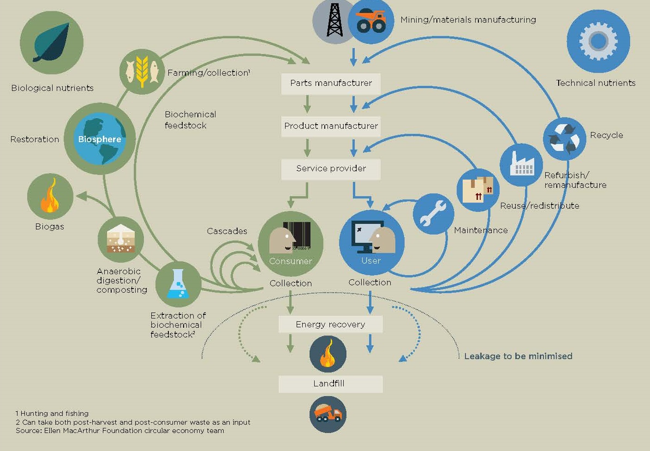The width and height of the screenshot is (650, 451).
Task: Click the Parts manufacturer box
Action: pyautogui.click(x=331, y=84)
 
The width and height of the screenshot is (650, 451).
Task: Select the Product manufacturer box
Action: pyautogui.click(x=331, y=126)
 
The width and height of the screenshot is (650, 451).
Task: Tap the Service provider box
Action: pyautogui.click(x=331, y=169)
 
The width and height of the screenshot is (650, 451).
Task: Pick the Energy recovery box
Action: pyautogui.click(x=330, y=325)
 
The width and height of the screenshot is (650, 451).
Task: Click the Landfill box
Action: pyautogui.click(x=330, y=384)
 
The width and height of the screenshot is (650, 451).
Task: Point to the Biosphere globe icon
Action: pyautogui.click(x=100, y=138)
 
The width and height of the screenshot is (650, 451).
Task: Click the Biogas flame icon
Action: pyautogui.click(x=50, y=197)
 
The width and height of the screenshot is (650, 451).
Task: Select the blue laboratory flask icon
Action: pyautogui.click(x=178, y=284)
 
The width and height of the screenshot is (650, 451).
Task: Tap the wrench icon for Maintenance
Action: pyautogui.click(x=433, y=214)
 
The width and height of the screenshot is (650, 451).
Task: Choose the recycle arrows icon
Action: pyautogui.click(x=564, y=138)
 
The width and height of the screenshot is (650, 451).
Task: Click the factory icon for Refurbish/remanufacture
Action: pyautogui.click(x=521, y=165)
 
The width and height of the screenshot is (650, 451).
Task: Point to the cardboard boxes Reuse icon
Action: pyautogui.click(x=478, y=190)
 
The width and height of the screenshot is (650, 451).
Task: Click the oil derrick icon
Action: pyautogui.click(x=334, y=21)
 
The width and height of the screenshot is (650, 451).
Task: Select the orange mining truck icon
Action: pyautogui.click(x=371, y=21)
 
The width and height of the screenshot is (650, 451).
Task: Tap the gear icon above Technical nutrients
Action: pyautogui.click(x=598, y=41)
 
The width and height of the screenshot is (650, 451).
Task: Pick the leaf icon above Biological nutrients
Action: pyautogui.click(x=51, y=42)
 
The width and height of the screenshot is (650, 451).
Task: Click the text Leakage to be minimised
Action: pyautogui.click(x=518, y=356)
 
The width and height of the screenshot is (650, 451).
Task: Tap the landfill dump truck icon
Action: pyautogui.click(x=328, y=414)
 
